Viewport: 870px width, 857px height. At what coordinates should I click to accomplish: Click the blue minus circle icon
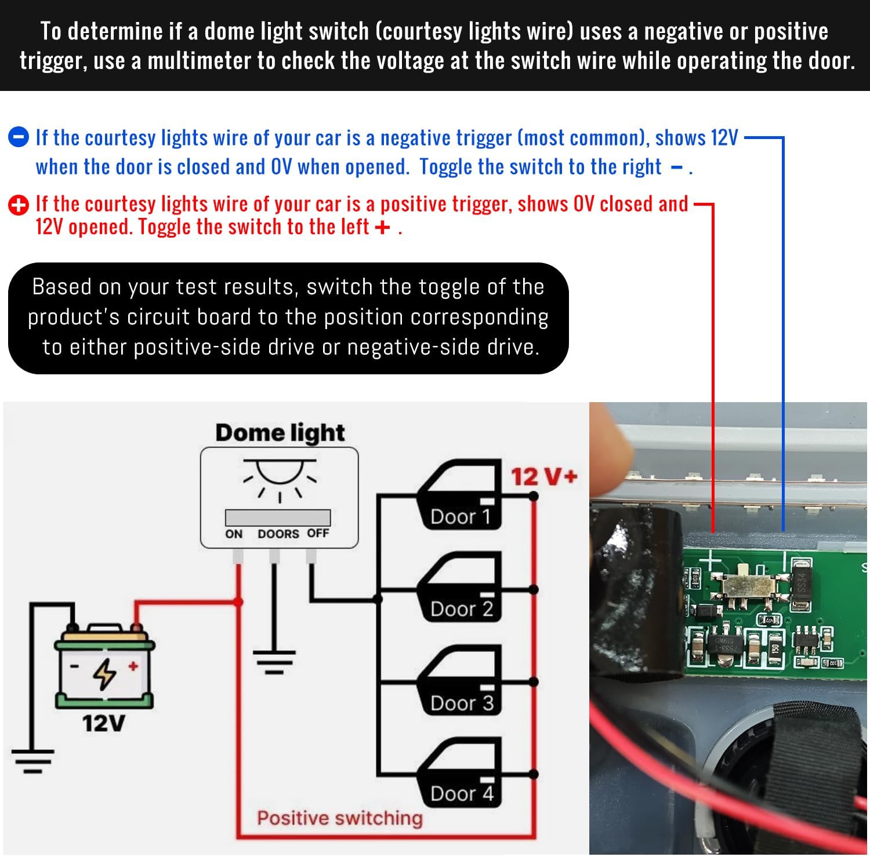point(18,137)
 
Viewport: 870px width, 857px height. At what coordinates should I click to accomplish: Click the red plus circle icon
point(18,205)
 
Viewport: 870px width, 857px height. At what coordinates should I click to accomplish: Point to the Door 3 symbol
point(461,680)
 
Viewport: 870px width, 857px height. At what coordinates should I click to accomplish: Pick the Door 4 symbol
point(461,772)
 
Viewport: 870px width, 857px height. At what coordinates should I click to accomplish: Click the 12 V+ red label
point(543,477)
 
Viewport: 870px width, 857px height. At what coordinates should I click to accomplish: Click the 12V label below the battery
point(103,723)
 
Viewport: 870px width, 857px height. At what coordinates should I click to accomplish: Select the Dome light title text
point(280,433)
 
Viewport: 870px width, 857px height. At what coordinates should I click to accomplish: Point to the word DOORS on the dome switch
point(278,534)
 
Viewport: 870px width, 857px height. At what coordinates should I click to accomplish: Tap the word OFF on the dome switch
point(318,533)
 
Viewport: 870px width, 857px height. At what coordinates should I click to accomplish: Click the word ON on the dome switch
point(234,534)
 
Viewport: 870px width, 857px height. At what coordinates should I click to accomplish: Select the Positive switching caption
point(340,818)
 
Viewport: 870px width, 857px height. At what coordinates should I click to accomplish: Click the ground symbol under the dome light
point(274,662)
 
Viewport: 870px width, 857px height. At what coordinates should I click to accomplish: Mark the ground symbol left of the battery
point(32,761)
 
